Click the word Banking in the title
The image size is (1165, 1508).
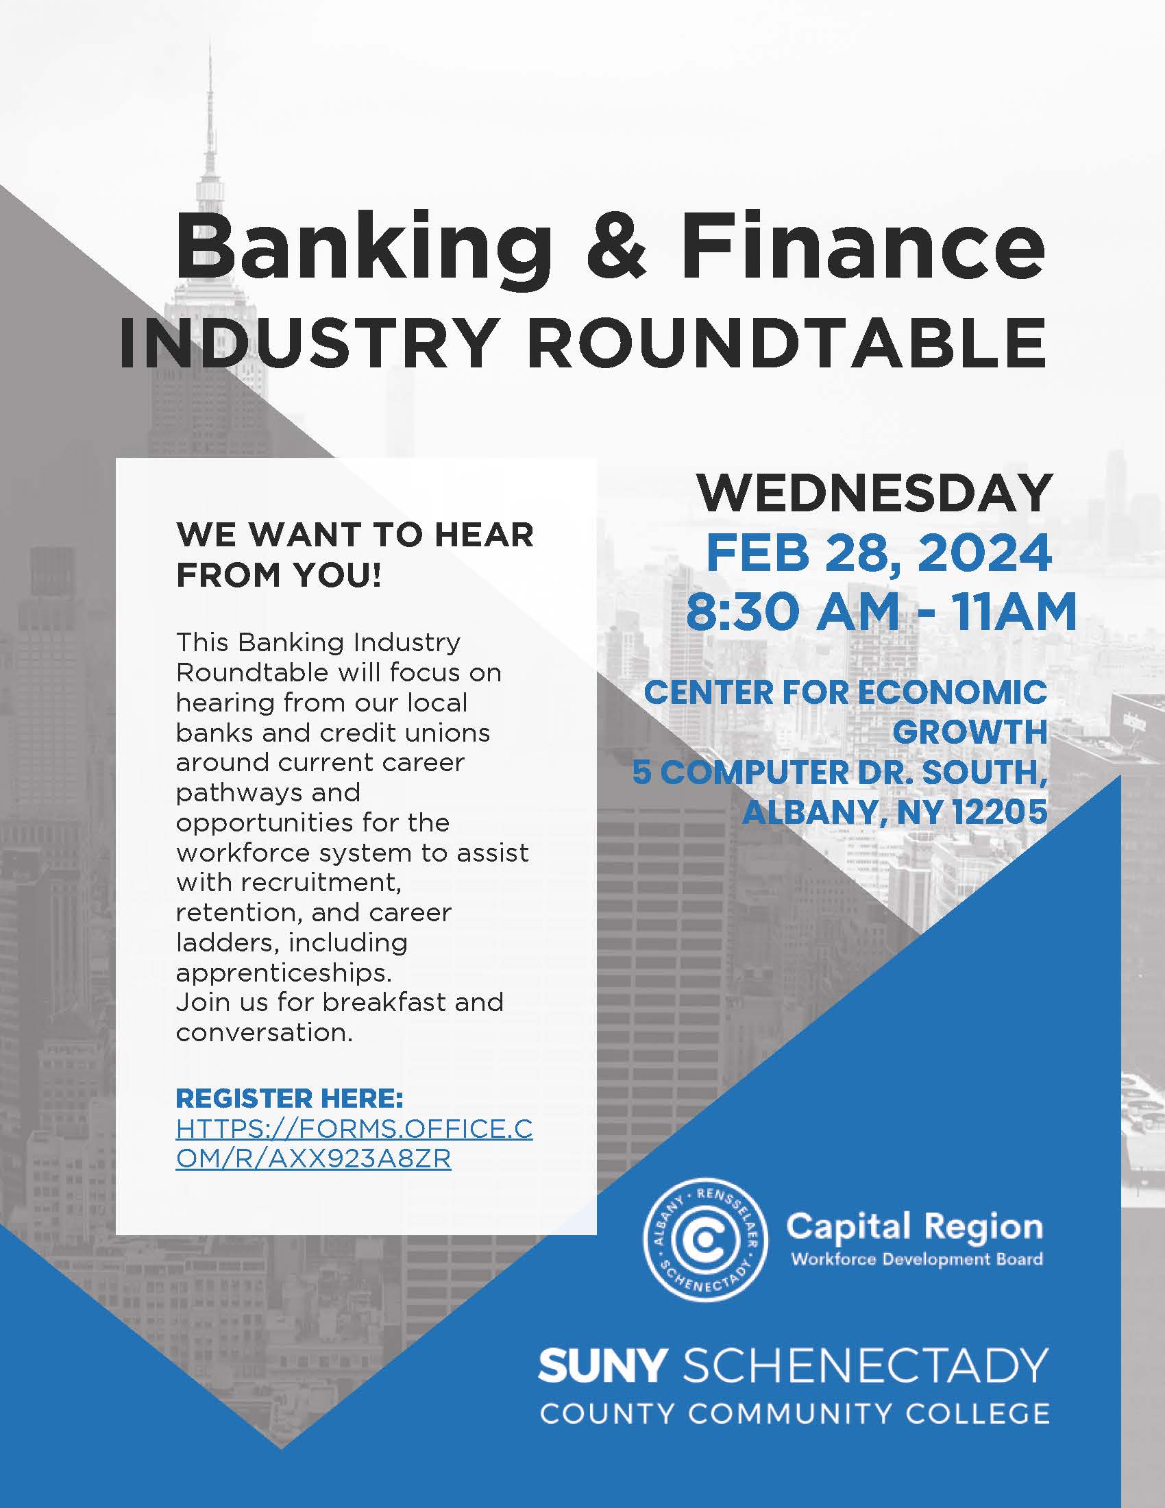[x=363, y=254]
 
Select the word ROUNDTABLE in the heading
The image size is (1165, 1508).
[x=787, y=343]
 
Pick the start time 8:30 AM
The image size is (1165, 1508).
[x=792, y=611]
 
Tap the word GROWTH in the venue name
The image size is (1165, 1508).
[x=970, y=733]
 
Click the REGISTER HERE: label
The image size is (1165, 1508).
[x=289, y=1098]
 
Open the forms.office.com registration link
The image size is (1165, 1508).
[x=354, y=1144]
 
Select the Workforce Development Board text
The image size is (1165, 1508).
[x=916, y=1259]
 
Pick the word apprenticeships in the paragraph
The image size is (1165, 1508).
[x=283, y=973]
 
